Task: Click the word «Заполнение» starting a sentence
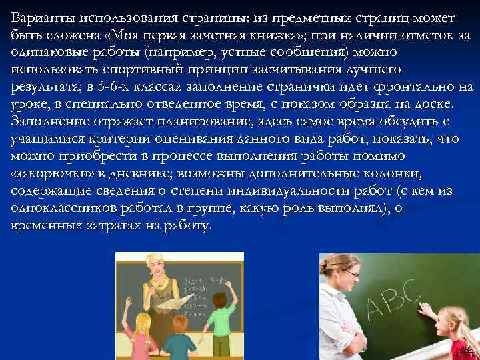tap(47, 121)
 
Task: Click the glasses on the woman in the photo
tap(349, 274)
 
